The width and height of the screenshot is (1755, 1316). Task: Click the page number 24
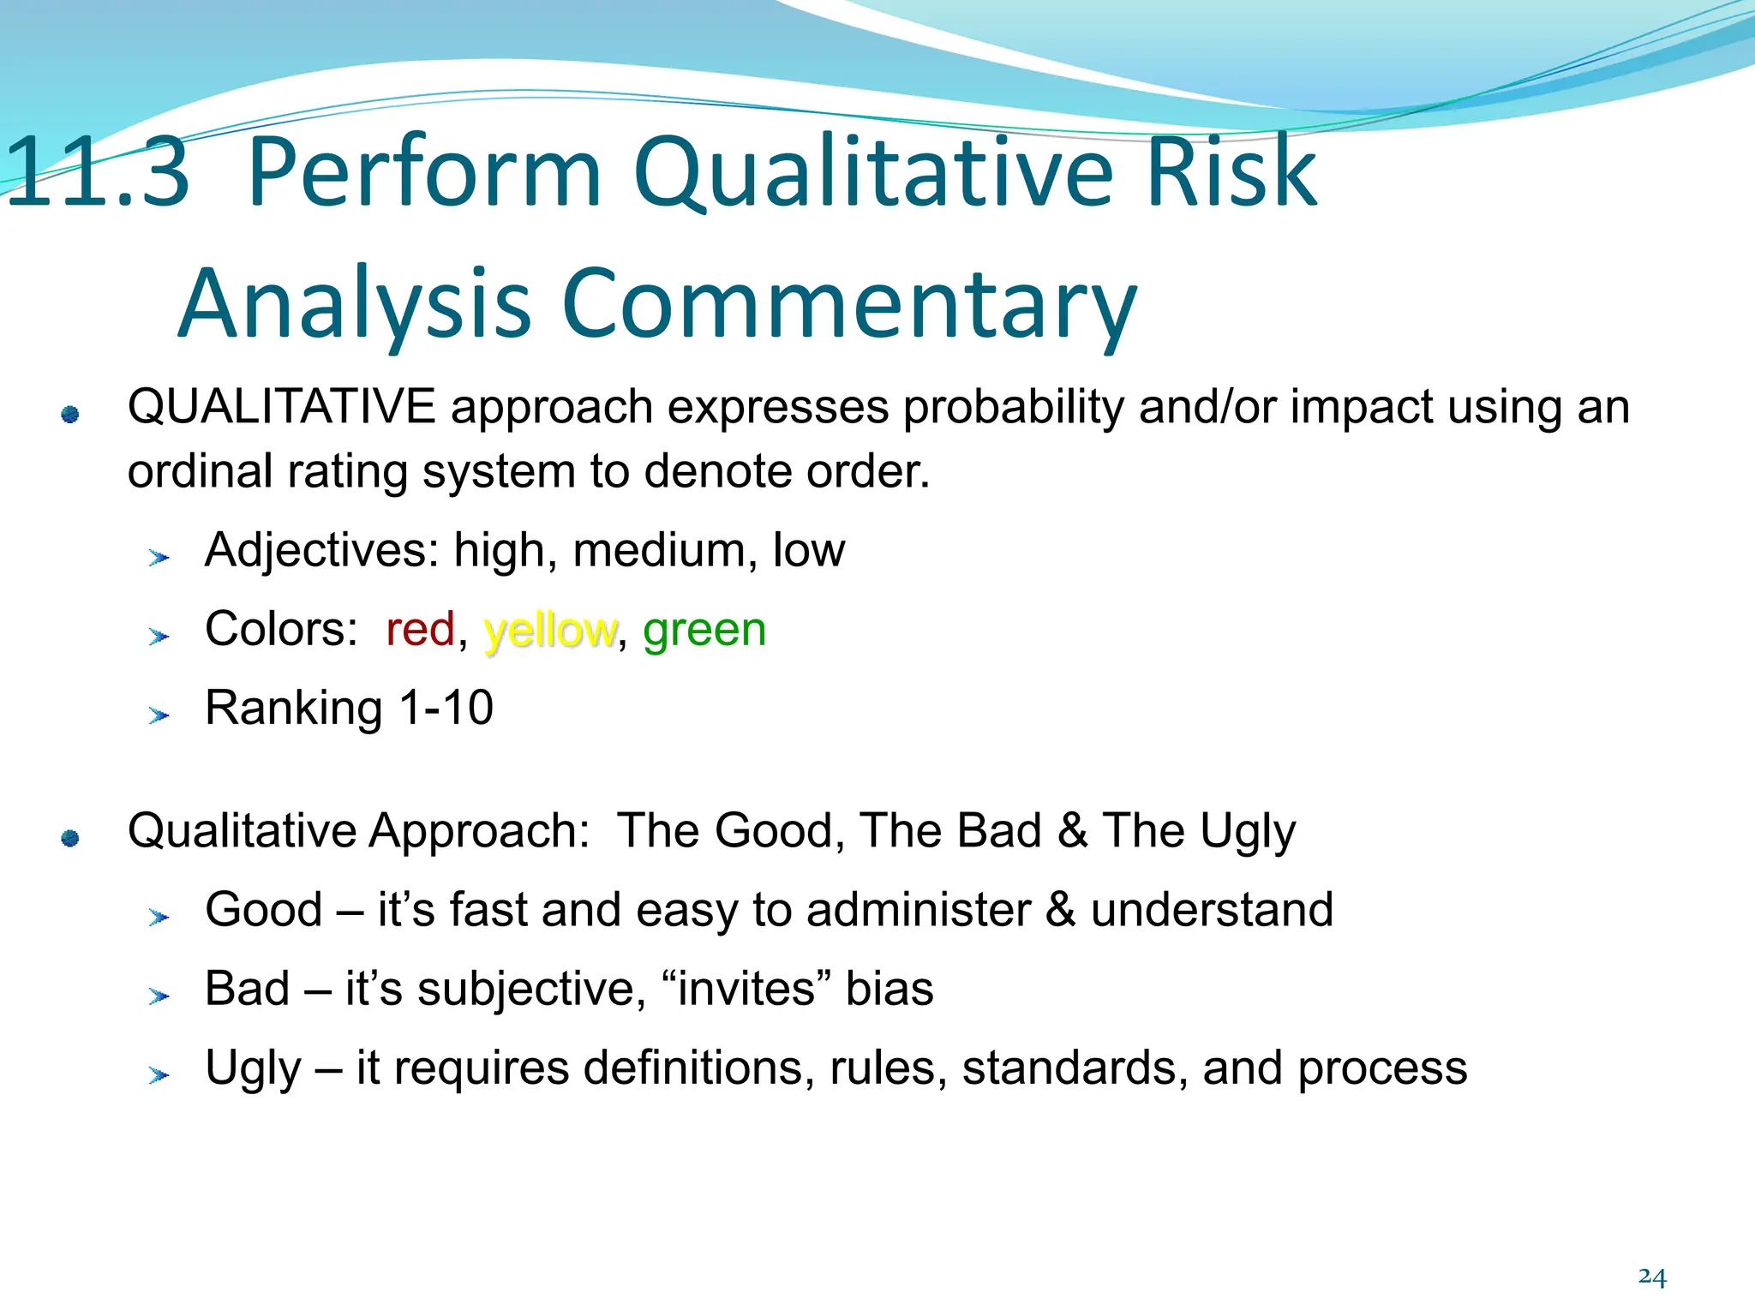1651,1277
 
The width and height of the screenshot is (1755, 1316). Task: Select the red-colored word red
420,630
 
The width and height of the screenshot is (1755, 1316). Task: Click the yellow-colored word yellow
549,631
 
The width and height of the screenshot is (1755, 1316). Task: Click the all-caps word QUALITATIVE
281,406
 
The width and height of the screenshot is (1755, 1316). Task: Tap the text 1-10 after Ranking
446,709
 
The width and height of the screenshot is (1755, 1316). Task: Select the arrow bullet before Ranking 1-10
159,715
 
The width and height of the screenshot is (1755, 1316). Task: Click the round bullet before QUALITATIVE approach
70,415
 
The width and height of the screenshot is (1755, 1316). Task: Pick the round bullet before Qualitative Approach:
70,838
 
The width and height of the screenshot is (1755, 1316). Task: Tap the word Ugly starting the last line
254,1069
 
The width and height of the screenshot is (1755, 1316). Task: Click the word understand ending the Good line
1212,910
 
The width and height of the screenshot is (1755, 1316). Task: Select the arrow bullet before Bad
159,996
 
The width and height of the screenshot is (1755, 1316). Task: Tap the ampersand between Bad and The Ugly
1071,831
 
